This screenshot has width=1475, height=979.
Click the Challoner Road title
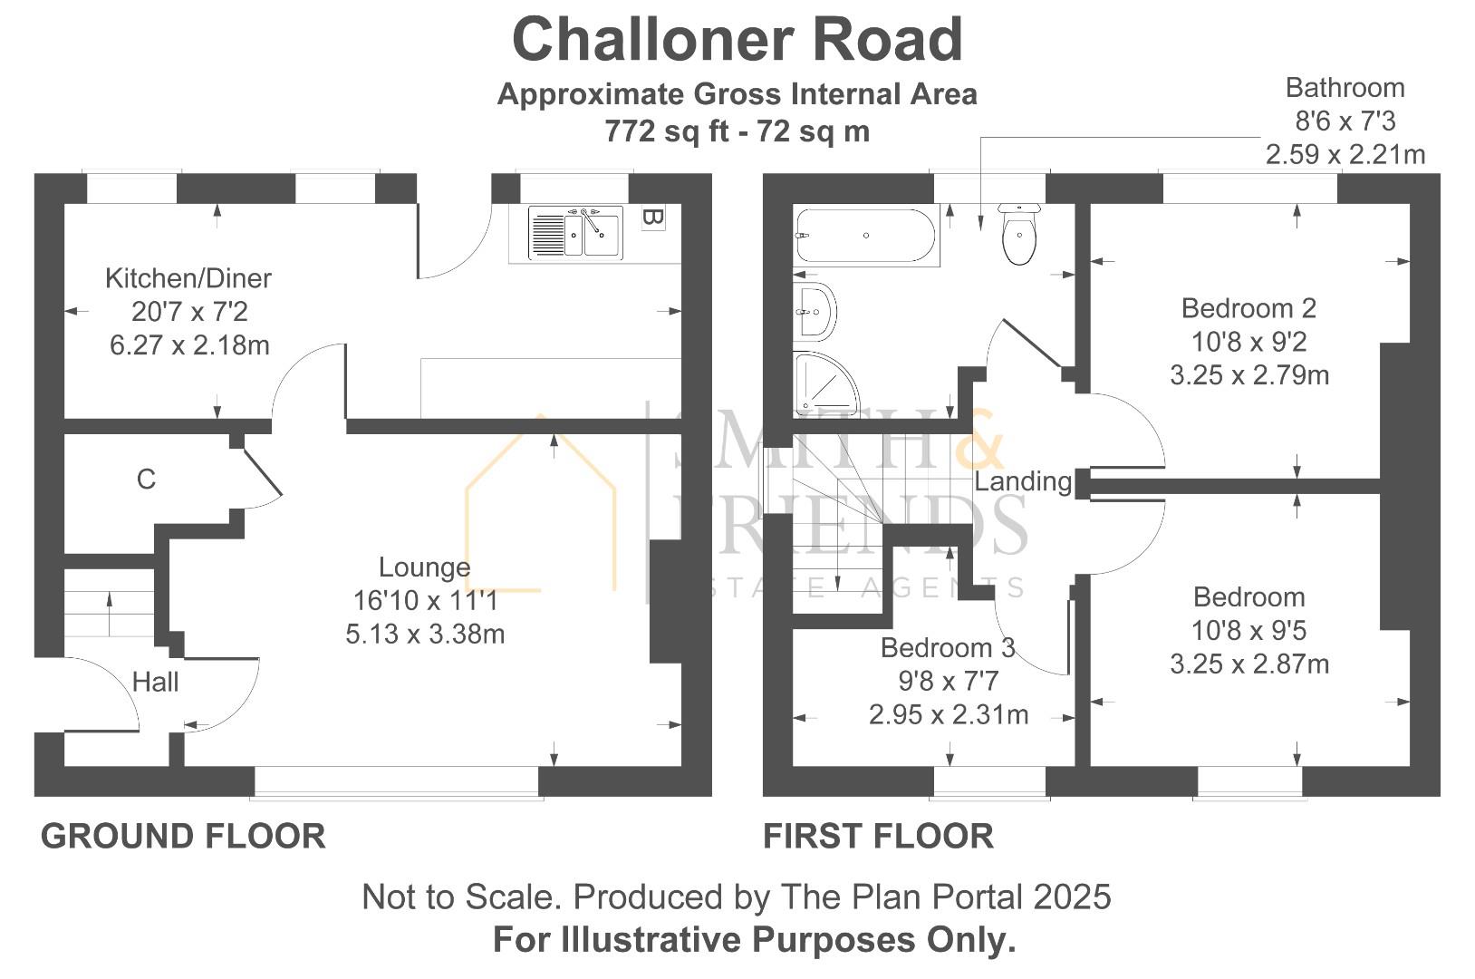[x=737, y=40]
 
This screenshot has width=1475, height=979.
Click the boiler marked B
[x=652, y=218]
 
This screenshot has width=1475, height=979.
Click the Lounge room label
[x=424, y=567]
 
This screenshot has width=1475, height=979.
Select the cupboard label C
[x=146, y=479]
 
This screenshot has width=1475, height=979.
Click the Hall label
[x=155, y=682]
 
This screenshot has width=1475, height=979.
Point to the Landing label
[x=1023, y=481]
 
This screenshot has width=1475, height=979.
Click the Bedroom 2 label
[x=1248, y=308]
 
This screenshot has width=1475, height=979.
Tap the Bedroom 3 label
[x=948, y=647]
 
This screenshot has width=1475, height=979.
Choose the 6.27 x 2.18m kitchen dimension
[x=189, y=345]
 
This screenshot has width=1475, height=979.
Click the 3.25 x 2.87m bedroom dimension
[x=1249, y=664]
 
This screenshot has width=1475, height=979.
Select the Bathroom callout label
[x=1345, y=88]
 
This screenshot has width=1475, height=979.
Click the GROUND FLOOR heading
[x=183, y=836]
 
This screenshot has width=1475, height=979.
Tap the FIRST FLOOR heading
[x=878, y=836]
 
